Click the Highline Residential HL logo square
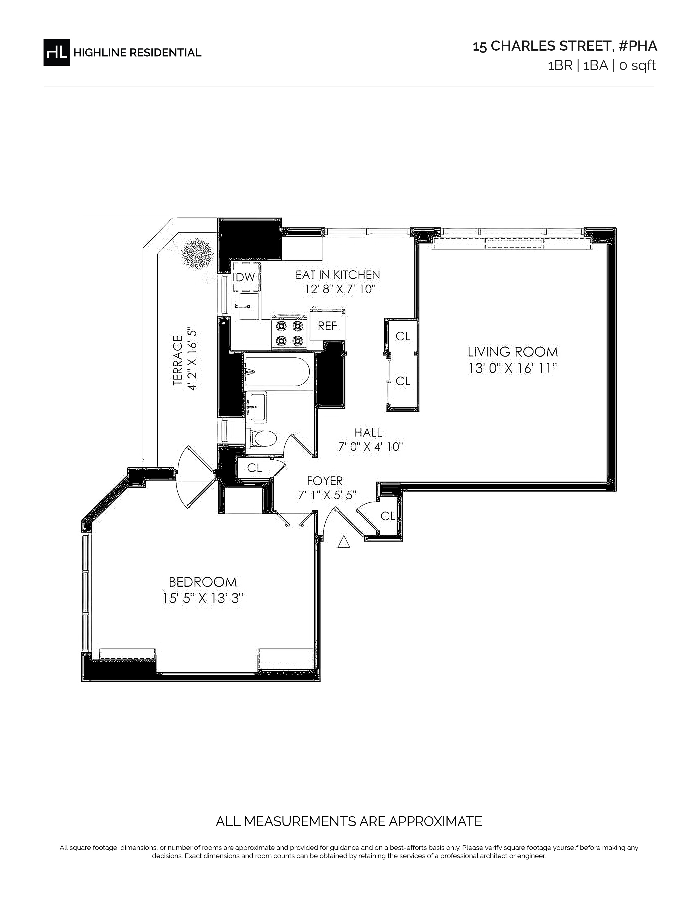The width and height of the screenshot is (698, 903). point(57,52)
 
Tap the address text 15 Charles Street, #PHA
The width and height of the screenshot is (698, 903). point(565,46)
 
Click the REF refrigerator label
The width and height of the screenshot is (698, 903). point(327,326)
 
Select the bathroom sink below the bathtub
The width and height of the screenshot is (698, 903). point(256,407)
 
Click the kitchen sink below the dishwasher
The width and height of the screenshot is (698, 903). point(249,306)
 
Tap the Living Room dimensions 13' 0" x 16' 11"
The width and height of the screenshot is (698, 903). point(513,368)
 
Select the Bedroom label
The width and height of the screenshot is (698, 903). point(203,582)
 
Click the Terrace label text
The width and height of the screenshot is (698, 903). point(178,361)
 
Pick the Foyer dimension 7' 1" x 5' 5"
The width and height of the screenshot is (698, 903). point(327,495)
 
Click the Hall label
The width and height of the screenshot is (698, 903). point(368,432)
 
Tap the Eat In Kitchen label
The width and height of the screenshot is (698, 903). point(338,274)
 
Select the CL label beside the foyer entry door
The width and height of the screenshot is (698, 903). point(388,516)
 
